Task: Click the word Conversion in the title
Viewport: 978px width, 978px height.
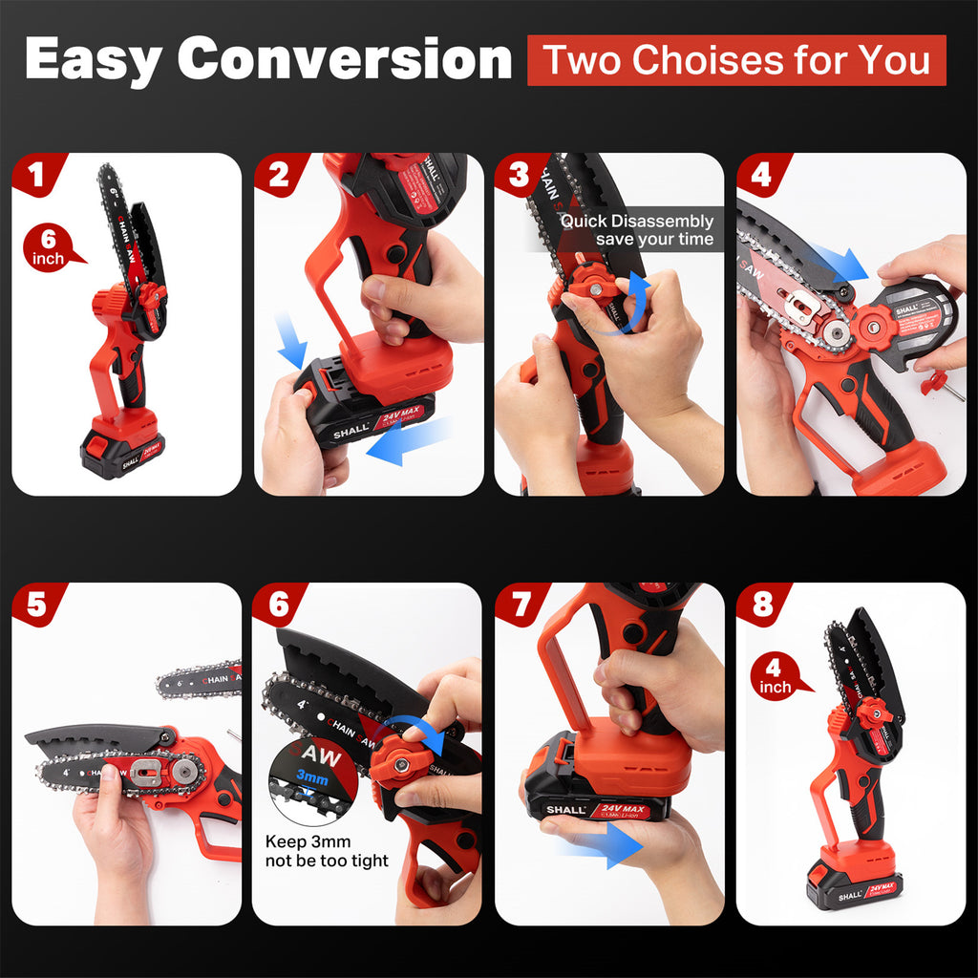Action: pyautogui.click(x=345, y=59)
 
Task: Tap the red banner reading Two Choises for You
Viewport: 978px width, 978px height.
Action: pyautogui.click(x=736, y=60)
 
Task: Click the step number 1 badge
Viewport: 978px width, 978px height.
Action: pyautogui.click(x=36, y=175)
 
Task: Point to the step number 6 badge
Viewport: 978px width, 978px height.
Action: pyautogui.click(x=278, y=605)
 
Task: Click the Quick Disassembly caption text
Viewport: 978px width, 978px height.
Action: pyautogui.click(x=637, y=230)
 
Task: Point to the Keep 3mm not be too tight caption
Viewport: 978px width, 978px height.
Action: pyautogui.click(x=327, y=851)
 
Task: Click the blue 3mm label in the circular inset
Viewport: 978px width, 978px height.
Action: pyautogui.click(x=311, y=779)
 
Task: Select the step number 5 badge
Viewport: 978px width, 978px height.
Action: pyautogui.click(x=36, y=605)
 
